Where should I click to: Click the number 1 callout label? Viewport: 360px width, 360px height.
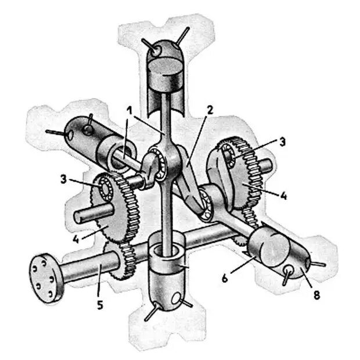[130, 111]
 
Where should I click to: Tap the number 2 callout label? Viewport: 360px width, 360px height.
[210, 110]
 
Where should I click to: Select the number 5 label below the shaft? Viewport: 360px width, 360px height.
[100, 305]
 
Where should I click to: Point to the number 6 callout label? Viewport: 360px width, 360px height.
[225, 279]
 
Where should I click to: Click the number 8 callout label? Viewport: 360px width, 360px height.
[316, 295]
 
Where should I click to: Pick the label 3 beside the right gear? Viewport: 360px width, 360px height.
[282, 142]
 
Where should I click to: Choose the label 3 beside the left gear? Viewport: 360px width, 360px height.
[64, 179]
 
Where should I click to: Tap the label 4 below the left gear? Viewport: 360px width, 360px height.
[75, 239]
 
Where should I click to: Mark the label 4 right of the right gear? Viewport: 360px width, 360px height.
[283, 196]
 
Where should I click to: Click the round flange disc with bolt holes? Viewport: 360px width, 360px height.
[46, 278]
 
